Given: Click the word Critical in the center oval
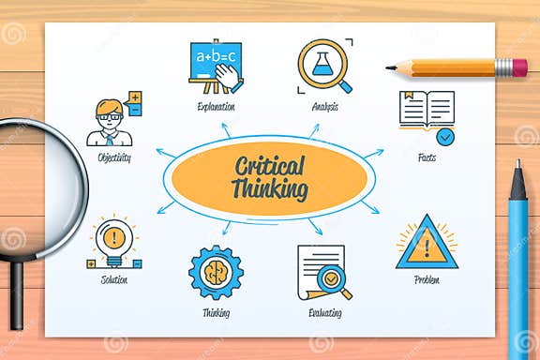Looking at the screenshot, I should (x=271, y=167).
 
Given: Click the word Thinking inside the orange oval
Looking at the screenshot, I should (x=270, y=189).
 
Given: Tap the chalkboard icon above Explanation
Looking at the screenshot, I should (x=216, y=65).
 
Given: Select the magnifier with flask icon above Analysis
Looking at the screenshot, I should (x=323, y=65).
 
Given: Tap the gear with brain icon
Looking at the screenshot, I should (x=216, y=273).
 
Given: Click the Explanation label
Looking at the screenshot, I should (x=216, y=107).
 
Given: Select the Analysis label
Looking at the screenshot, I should (x=324, y=107).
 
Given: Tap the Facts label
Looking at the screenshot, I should (x=427, y=157).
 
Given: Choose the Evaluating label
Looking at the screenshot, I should (x=324, y=313).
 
